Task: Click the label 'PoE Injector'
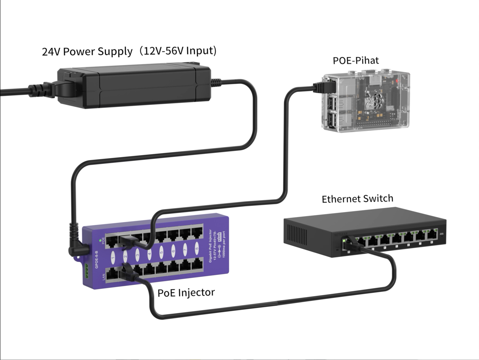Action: [186, 293]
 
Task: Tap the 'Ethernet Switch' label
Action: [357, 199]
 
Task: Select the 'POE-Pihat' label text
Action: [355, 60]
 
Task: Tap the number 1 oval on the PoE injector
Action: [113, 256]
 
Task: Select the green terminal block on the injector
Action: [87, 271]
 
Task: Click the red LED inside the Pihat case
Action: [396, 82]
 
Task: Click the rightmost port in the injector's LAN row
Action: [197, 265]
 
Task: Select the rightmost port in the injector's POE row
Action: [197, 232]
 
